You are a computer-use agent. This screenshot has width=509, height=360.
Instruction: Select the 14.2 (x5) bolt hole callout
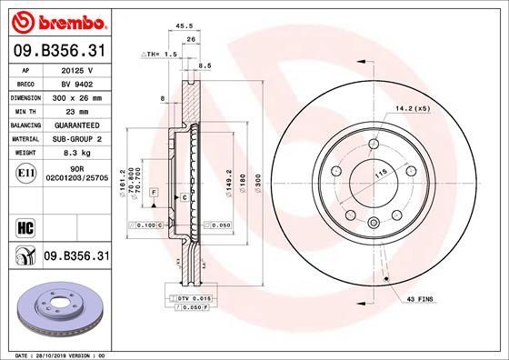[x=412, y=109]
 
